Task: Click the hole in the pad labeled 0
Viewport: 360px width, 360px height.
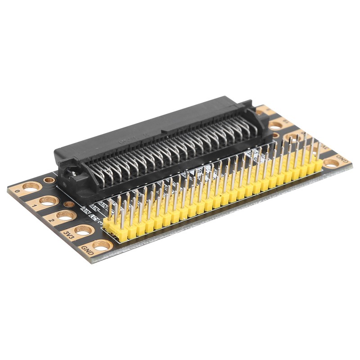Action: (31, 186)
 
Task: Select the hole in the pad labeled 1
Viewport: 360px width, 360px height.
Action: (48, 201)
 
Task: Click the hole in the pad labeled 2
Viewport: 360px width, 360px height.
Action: (66, 216)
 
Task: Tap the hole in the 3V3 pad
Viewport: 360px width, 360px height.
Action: (84, 230)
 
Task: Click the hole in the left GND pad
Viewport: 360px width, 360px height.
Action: (102, 246)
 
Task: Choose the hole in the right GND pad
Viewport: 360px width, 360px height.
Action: (331, 163)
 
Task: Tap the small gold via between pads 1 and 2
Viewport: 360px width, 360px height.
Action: (69, 204)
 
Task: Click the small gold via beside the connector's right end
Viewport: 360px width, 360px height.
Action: (275, 135)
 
